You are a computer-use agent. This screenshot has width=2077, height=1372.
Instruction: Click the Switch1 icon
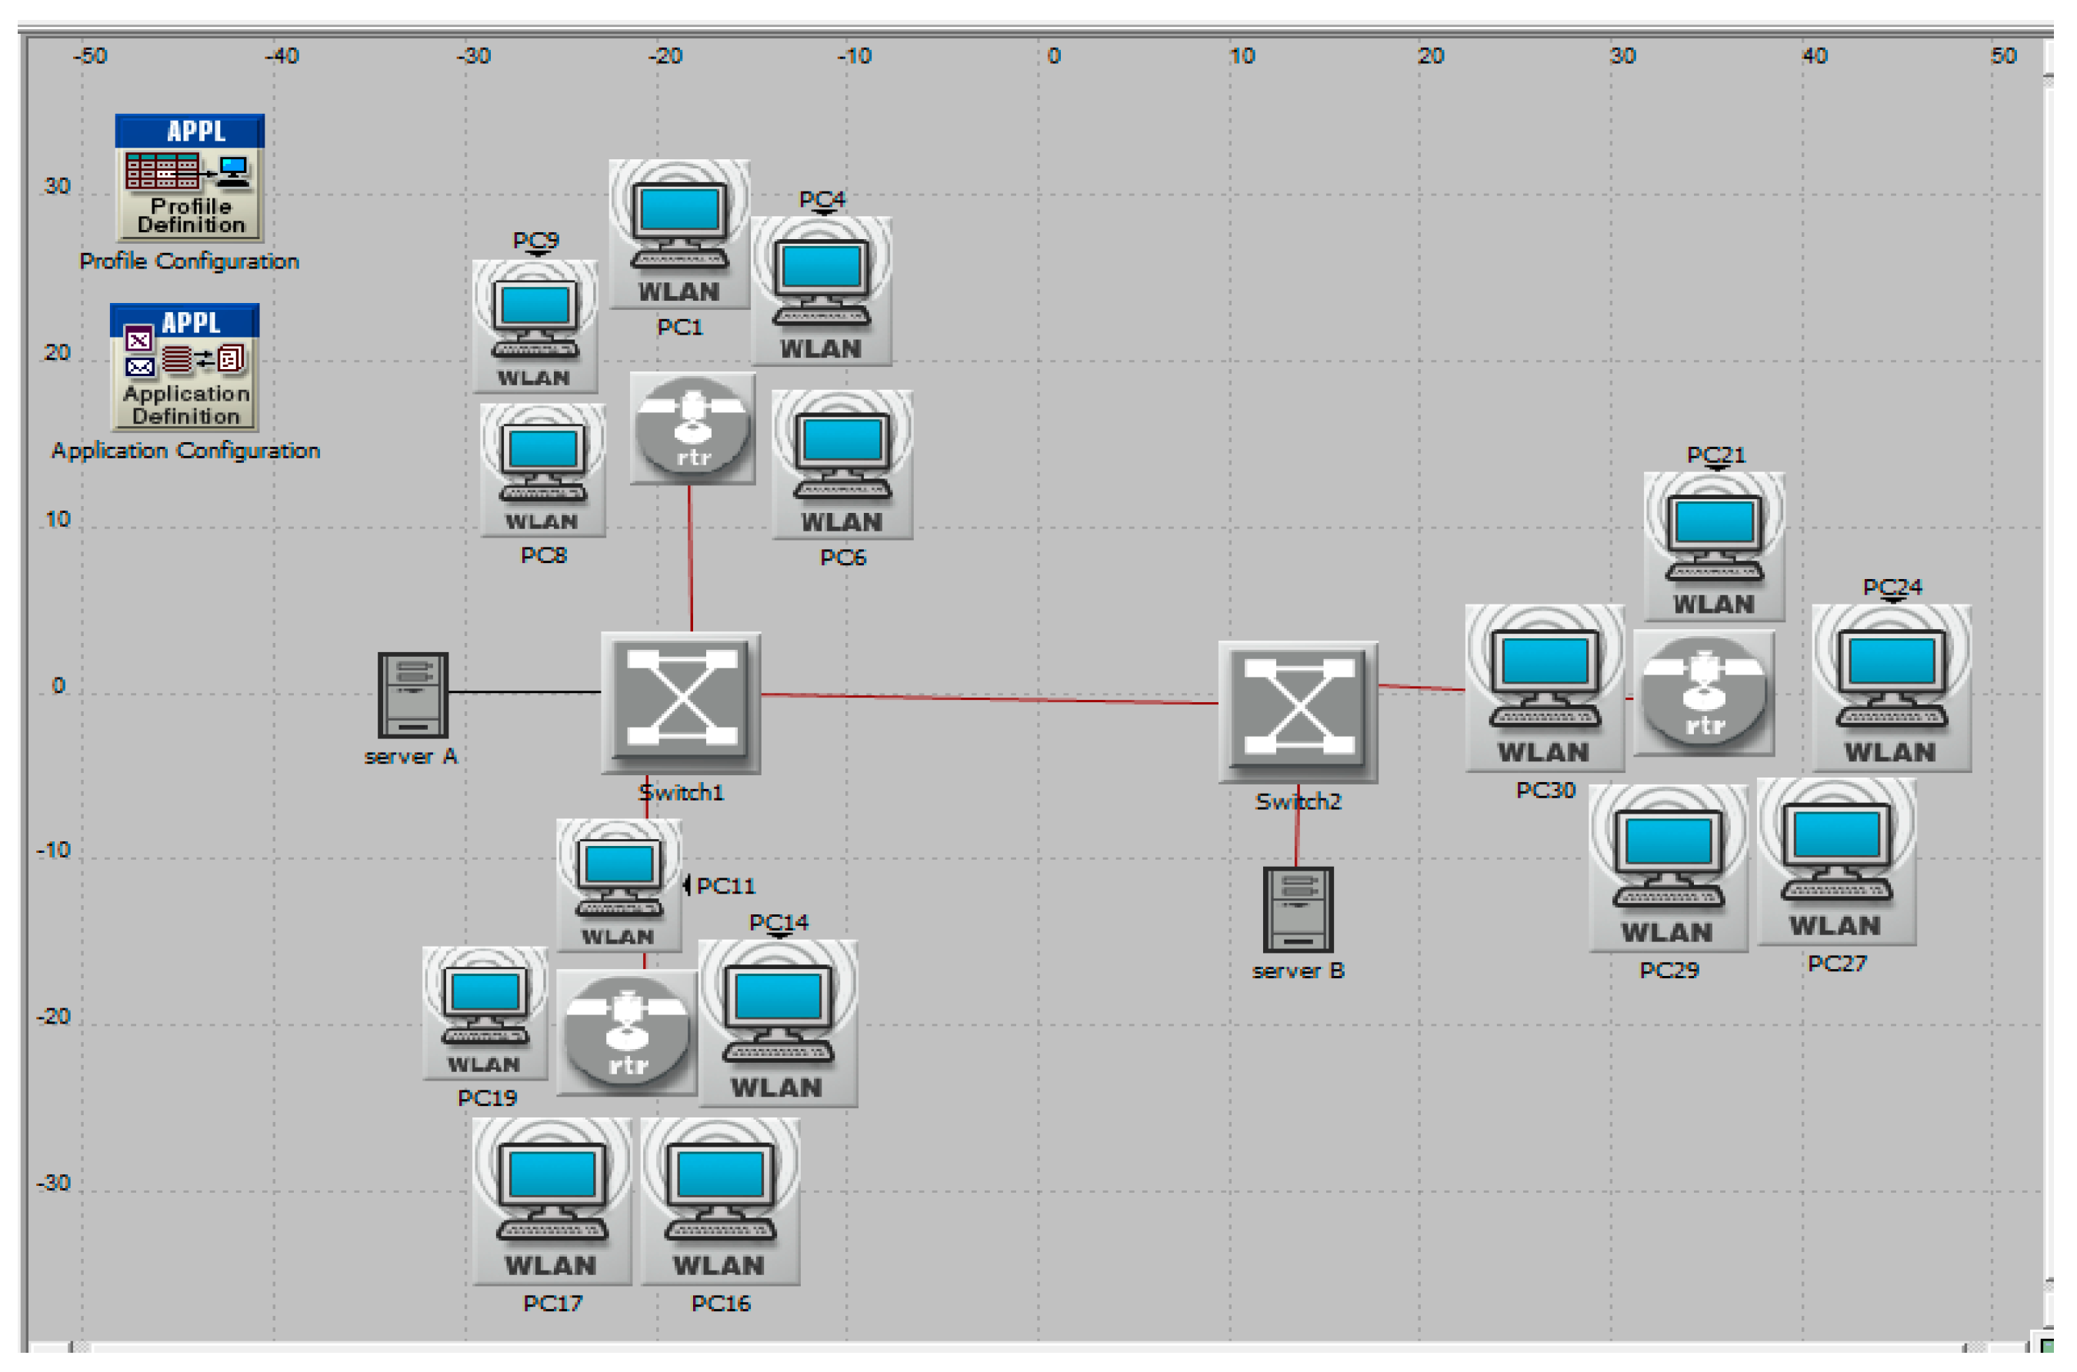680,703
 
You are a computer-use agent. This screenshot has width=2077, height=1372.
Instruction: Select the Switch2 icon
1298,711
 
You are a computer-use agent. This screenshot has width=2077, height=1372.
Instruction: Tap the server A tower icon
412,696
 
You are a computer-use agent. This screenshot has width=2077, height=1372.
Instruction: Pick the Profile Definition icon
189,178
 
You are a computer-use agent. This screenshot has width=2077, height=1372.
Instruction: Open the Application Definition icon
185,368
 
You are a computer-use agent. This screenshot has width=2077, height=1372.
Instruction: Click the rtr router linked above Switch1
692,428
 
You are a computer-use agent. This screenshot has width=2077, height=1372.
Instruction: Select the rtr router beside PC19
627,1034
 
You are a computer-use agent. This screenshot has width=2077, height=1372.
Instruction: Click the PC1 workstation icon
679,233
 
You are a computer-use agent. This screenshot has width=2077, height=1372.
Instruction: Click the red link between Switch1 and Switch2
989,698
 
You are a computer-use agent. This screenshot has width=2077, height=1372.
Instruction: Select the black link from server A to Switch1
523,692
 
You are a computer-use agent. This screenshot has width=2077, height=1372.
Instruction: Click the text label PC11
725,887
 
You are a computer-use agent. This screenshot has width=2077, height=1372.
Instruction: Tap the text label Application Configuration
185,451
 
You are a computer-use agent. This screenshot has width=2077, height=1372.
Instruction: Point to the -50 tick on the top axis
90,56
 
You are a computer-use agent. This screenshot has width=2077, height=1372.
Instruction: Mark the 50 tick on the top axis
2002,56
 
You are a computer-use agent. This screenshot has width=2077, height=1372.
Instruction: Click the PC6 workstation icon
842,465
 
